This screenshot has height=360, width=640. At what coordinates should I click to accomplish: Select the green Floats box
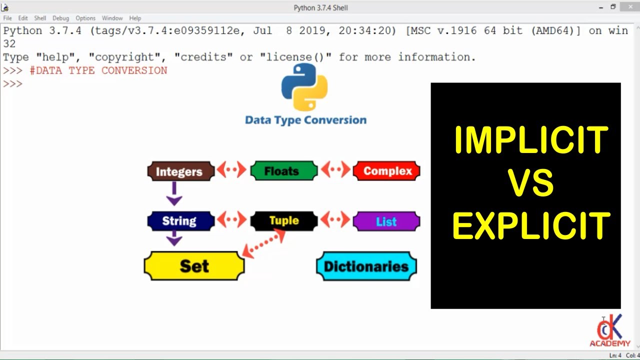pos(283,171)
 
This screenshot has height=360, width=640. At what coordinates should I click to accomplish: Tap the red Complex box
pos(386,171)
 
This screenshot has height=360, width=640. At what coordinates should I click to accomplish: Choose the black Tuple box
pos(283,220)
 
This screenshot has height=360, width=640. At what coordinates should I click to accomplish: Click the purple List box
pos(386,221)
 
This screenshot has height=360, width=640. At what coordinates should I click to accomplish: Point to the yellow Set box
pos(194,266)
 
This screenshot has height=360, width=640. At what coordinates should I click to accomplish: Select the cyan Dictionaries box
pos(366,266)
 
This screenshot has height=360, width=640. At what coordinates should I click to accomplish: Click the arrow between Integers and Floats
pos(232,170)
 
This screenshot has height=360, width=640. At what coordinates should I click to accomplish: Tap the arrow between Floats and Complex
pos(335,170)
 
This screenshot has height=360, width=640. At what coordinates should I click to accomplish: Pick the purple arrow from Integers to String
pos(174,193)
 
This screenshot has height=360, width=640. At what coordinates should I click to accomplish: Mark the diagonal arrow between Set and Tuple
pos(263,244)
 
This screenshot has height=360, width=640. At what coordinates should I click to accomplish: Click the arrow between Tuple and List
pos(335,220)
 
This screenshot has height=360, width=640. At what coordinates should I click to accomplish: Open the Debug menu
pos(60,18)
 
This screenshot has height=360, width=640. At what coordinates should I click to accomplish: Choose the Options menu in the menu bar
pos(85,18)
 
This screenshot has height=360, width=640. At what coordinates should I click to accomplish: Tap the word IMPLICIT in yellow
pos(530,140)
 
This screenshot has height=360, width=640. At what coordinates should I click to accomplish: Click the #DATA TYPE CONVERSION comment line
pos(98,70)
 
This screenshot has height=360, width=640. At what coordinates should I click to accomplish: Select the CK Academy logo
pos(609,330)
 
